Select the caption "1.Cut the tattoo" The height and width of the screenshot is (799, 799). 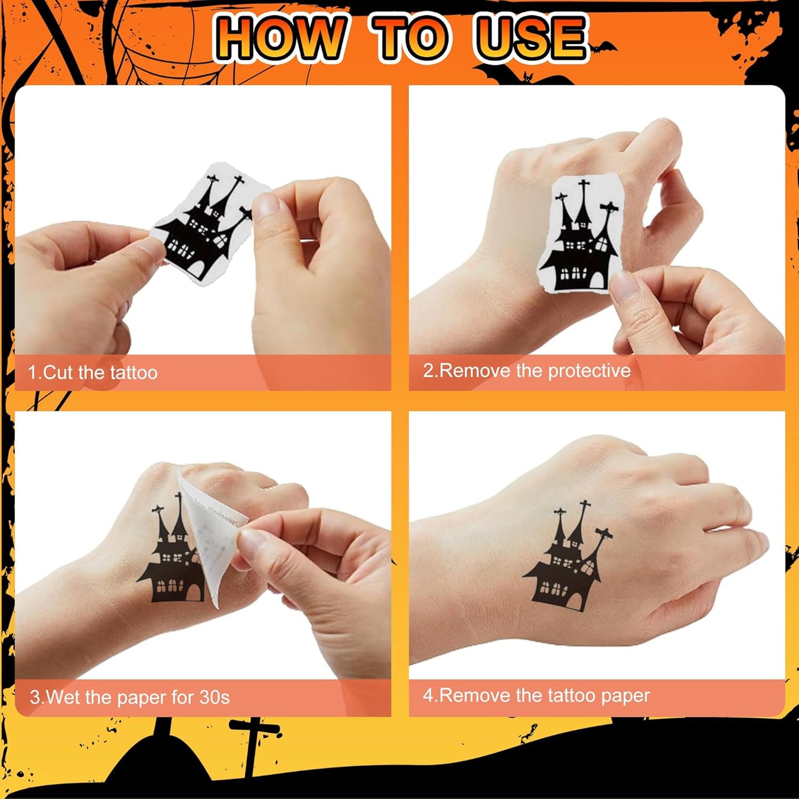pyautogui.click(x=93, y=373)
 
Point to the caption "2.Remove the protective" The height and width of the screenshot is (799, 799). pyautogui.click(x=526, y=370)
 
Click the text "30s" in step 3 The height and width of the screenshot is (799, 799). pyautogui.click(x=215, y=697)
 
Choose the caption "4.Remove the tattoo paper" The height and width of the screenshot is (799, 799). pyautogui.click(x=536, y=695)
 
